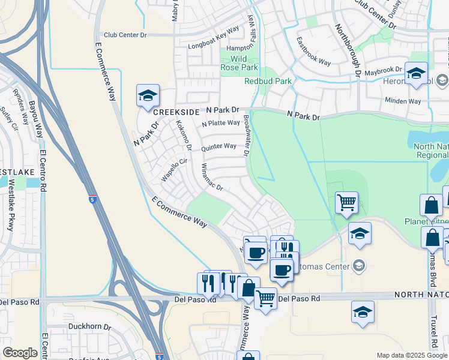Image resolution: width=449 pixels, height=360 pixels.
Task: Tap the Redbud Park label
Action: (x=267, y=81)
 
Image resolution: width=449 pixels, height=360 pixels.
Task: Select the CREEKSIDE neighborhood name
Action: (x=175, y=112)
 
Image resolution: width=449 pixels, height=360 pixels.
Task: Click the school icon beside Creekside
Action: (x=148, y=96)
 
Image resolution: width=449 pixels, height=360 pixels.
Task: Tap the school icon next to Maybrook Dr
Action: (x=416, y=74)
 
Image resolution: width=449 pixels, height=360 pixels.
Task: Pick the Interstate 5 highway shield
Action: (x=92, y=198)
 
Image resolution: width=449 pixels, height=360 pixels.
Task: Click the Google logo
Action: (x=20, y=353)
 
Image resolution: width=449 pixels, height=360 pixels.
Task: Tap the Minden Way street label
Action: (x=403, y=101)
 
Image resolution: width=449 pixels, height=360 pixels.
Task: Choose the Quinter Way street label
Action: (x=218, y=146)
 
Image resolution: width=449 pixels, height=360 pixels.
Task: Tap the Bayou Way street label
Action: (x=37, y=120)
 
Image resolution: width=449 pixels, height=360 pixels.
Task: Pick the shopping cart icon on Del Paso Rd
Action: (x=265, y=298)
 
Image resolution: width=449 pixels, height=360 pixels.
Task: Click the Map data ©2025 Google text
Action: (x=412, y=355)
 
